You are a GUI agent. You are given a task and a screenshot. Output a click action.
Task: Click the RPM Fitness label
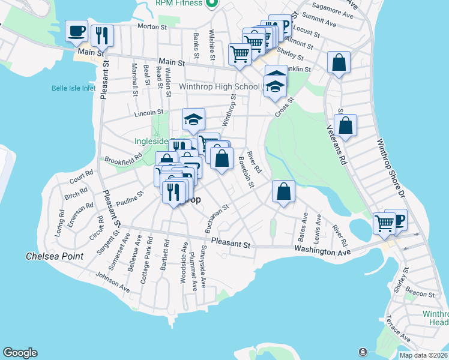(x=181, y=2)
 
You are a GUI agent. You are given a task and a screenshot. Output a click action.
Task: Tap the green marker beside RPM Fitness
(x=211, y=3)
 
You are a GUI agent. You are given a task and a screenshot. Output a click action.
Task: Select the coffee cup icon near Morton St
(x=77, y=32)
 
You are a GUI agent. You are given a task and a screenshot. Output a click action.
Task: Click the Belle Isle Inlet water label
(x=73, y=88)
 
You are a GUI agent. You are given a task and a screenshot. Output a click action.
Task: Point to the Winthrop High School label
(x=219, y=86)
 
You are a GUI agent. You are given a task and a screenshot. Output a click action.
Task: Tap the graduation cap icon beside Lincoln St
(x=194, y=120)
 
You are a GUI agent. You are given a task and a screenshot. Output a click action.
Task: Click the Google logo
(x=20, y=353)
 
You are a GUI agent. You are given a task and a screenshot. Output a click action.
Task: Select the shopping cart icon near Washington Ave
(x=384, y=223)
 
